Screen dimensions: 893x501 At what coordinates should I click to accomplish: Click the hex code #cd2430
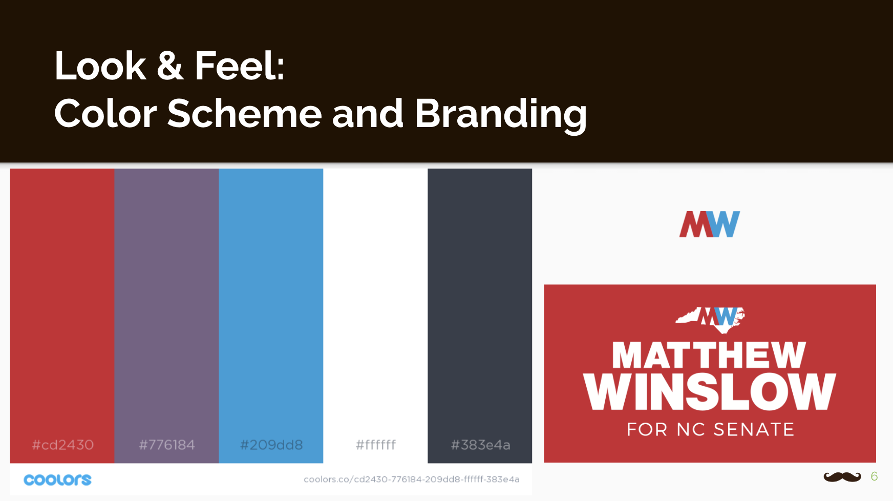point(63,445)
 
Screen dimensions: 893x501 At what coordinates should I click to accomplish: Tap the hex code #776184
point(167,445)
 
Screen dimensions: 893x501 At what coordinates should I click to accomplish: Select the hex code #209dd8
point(271,445)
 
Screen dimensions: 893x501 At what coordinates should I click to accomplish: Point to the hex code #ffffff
point(376,445)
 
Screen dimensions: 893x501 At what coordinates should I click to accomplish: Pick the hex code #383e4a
point(480,445)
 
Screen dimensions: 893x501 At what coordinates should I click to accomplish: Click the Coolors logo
point(57,479)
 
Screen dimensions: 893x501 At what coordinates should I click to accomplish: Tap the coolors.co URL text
point(412,479)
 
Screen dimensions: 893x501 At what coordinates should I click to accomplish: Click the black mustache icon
point(842,477)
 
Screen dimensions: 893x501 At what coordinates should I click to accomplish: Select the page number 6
point(874,476)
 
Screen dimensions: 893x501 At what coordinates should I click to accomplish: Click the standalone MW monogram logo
point(710,224)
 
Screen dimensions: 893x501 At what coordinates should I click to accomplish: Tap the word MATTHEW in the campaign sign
point(709,356)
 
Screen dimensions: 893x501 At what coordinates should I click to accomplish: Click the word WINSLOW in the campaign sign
point(710,392)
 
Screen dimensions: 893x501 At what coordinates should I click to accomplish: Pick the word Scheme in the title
point(244,113)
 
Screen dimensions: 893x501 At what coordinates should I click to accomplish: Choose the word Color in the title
point(105,113)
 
